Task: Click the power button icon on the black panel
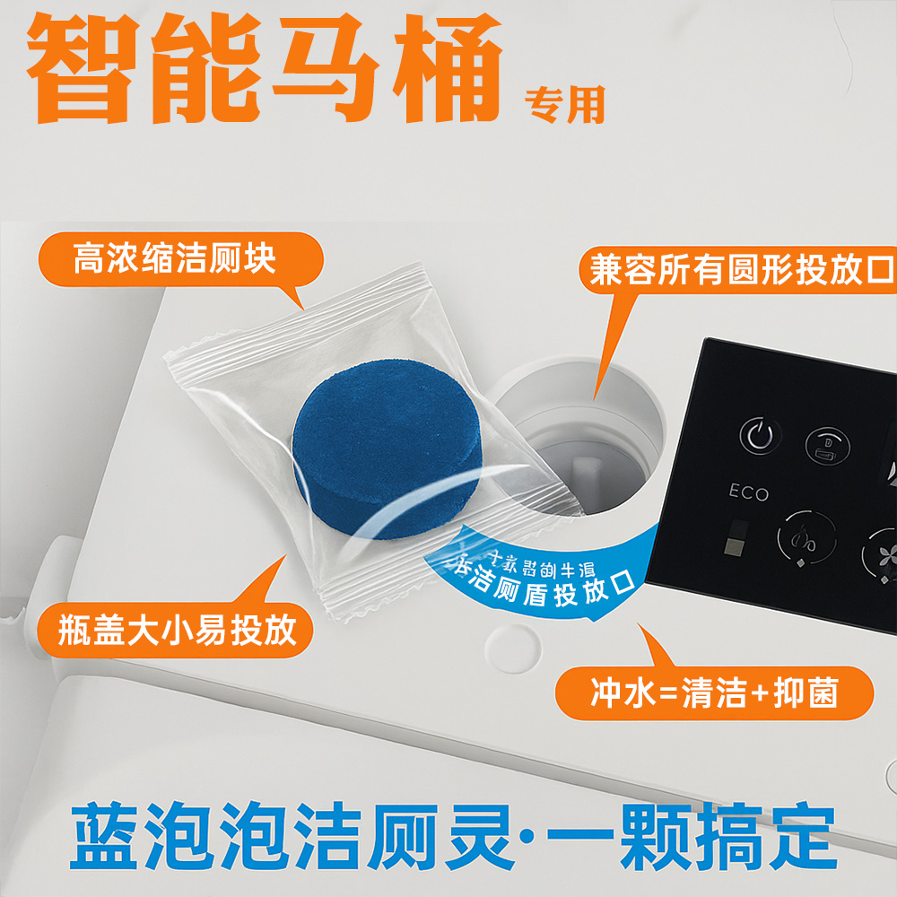(759, 437)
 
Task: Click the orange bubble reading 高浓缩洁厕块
(179, 262)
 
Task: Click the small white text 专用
(564, 106)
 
